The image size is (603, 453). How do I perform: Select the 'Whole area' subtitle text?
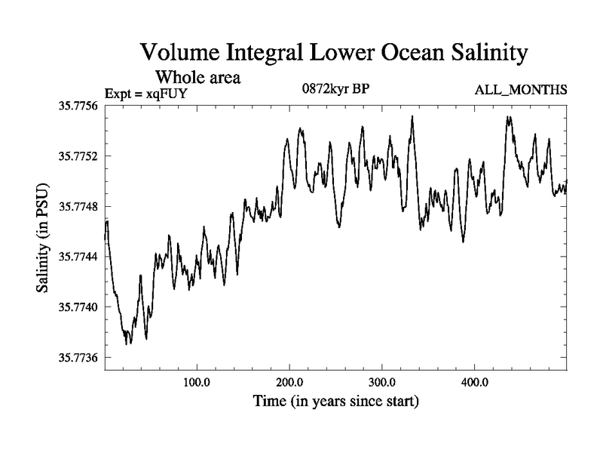(x=197, y=77)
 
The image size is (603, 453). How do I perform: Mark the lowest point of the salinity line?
(x=127, y=344)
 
